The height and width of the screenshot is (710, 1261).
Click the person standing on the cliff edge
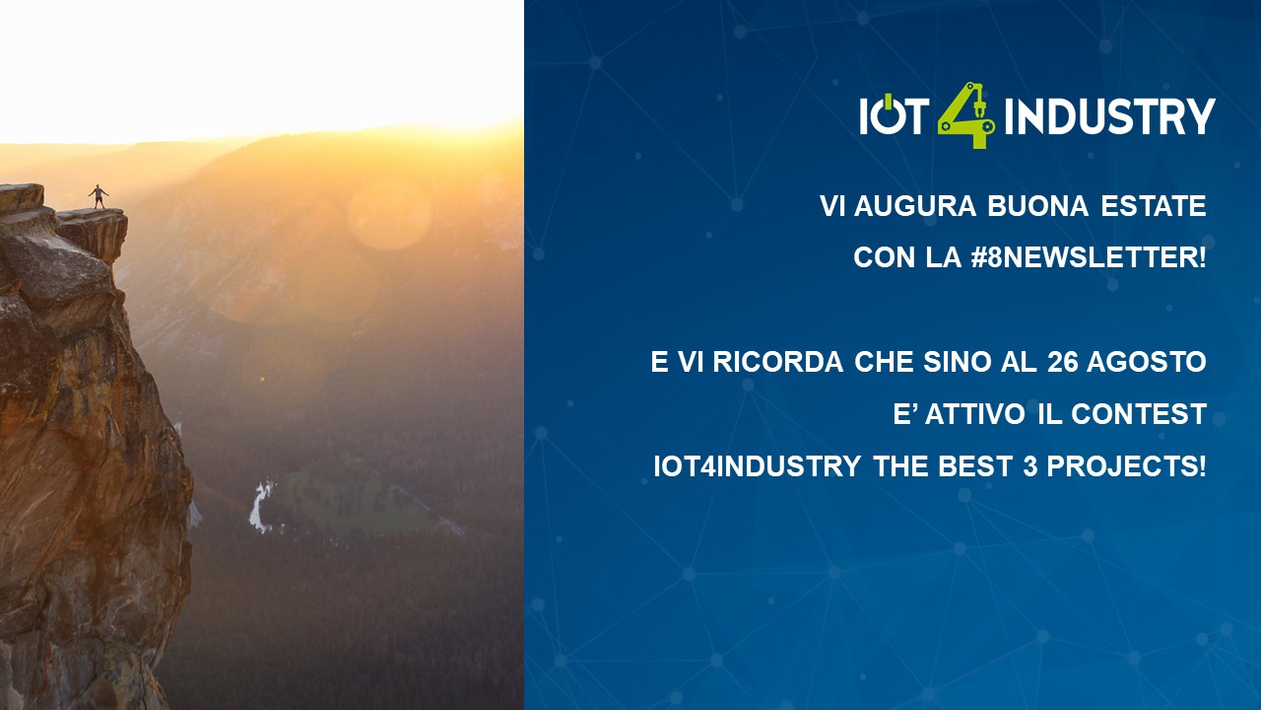click(99, 196)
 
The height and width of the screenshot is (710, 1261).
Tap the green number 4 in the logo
click(966, 115)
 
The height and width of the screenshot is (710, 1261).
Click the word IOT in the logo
click(894, 114)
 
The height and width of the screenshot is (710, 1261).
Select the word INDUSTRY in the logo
click(1109, 116)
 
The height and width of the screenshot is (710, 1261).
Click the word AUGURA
click(915, 206)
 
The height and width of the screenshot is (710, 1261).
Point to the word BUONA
click(1037, 206)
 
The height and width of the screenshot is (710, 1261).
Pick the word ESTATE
click(1154, 206)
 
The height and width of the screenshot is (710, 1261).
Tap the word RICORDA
click(778, 362)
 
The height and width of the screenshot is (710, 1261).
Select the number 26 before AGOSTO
click(1062, 362)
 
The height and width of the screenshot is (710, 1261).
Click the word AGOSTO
click(1147, 362)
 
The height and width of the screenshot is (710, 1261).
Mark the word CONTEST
click(1139, 414)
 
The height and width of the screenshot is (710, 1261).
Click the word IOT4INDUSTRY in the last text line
click(758, 466)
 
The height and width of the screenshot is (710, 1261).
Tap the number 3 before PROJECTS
click(1029, 466)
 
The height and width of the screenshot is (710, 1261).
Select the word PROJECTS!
click(1126, 466)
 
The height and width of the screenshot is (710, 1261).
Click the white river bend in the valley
click(260, 506)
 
